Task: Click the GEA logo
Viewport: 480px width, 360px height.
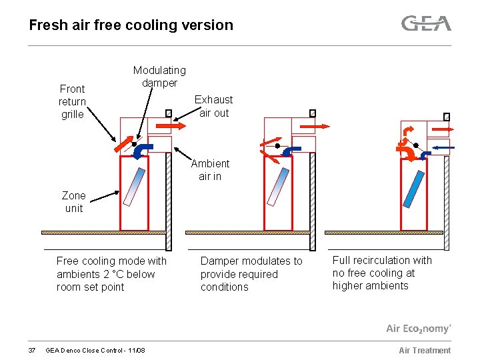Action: coord(426,24)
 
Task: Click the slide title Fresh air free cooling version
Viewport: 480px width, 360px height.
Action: coord(131,25)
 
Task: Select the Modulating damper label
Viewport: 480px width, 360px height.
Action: coord(159,77)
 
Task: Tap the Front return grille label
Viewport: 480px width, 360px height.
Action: coord(72,101)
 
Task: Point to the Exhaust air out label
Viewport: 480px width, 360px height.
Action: coord(213,106)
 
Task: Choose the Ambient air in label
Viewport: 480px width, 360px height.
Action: coord(210,170)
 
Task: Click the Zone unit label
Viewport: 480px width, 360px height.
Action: coord(73,202)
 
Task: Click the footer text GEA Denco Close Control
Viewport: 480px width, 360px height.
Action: coord(95,351)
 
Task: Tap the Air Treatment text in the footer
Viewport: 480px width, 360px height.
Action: coord(425,351)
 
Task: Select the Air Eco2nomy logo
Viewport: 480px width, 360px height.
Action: coord(419,329)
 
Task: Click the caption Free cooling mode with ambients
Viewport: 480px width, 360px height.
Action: coord(111,274)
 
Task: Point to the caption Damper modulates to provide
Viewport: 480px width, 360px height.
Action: coord(251,274)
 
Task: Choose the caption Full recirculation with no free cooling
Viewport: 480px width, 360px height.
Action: coord(382,273)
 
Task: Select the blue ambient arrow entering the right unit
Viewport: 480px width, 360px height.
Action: coord(443,147)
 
